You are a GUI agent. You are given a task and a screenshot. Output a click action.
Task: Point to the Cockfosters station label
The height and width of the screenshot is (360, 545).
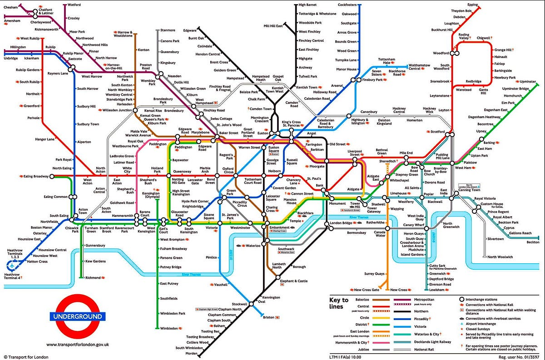point(347,5)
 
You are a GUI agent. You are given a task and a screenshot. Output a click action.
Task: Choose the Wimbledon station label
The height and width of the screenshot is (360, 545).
point(169,328)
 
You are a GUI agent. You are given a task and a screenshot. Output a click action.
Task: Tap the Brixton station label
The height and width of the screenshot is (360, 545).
point(269,317)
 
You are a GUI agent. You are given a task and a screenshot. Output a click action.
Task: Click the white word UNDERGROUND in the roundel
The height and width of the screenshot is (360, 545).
point(77,316)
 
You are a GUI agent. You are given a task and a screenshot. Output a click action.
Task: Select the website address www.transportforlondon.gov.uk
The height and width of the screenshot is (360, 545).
point(77,345)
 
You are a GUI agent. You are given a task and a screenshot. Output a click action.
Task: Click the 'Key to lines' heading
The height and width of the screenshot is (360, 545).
point(339,303)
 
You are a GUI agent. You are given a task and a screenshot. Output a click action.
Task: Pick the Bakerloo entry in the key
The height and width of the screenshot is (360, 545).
point(362,300)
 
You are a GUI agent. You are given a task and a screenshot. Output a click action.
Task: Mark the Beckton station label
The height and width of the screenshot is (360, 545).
point(533,242)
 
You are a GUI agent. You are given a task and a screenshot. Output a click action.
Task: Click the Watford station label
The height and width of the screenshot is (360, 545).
point(74,5)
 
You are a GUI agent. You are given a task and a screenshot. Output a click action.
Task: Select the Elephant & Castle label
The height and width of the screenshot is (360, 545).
point(294,281)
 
